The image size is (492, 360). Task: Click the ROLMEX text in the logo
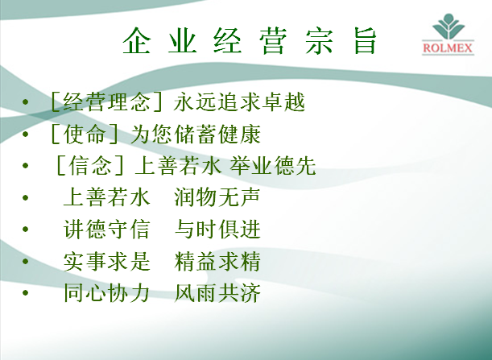point(448,48)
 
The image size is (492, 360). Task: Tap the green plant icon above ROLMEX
point(449,27)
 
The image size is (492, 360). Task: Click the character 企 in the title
point(136,41)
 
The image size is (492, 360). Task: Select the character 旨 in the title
point(365,41)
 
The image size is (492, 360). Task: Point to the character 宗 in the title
point(319,41)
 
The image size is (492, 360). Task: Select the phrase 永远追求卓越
point(239,101)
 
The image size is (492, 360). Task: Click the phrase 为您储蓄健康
point(195,134)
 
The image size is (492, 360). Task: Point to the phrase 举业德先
point(272,165)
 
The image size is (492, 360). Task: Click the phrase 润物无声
point(217,197)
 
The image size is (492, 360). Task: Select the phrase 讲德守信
point(106,229)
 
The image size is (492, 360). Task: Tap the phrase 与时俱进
point(217,229)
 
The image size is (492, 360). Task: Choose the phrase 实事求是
point(106,261)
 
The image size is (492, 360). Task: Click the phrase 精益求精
point(217,261)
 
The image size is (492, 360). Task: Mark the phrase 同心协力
point(106,293)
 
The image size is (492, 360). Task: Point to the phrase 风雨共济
point(217,293)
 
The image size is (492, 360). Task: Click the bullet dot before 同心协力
point(26,293)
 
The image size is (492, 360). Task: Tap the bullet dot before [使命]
point(26,134)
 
